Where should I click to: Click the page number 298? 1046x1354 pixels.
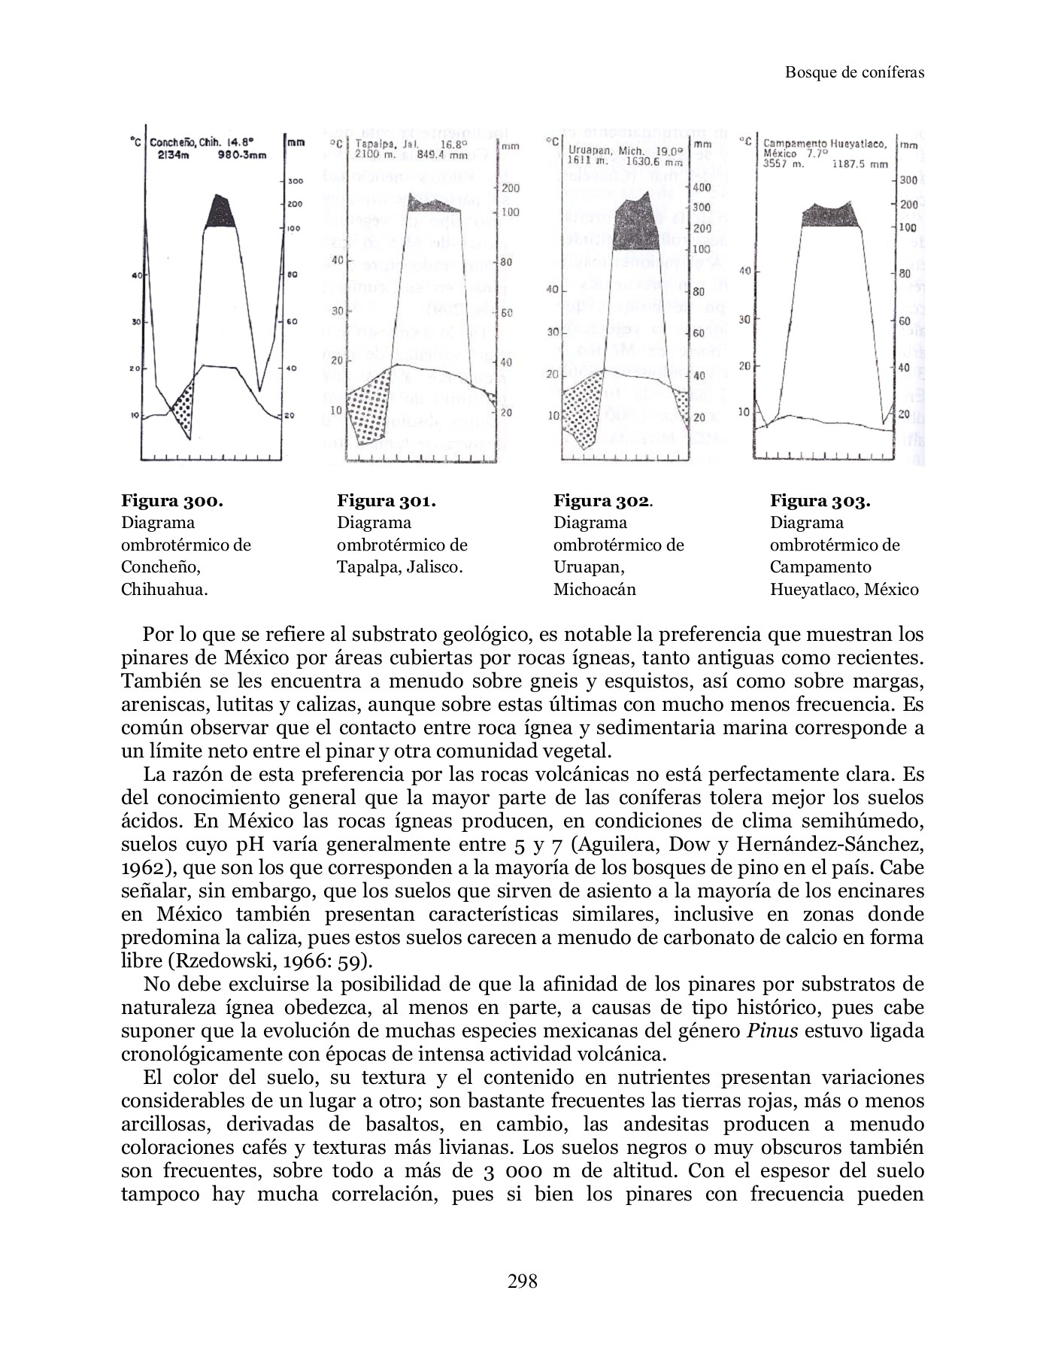[523, 1280]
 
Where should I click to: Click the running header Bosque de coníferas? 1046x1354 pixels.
[854, 73]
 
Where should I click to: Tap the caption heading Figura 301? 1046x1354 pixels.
[387, 501]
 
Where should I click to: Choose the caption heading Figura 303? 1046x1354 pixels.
[820, 501]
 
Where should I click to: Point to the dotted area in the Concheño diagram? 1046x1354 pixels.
[183, 407]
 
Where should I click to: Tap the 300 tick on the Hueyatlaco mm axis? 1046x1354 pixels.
[908, 181]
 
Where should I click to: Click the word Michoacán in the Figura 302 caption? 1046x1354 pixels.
[594, 589]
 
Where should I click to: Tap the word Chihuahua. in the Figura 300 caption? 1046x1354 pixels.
[164, 589]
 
